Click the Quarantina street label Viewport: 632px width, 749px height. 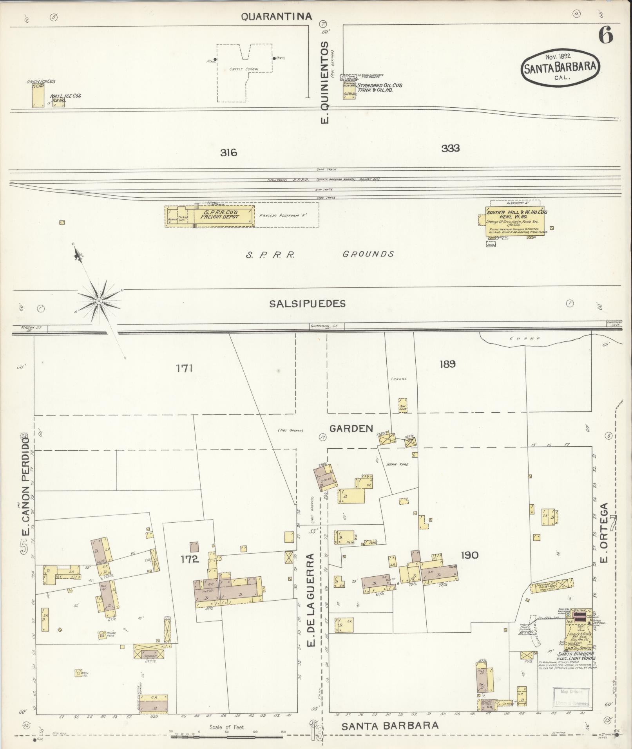point(276,16)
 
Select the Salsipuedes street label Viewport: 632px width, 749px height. point(307,304)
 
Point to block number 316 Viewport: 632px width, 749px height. point(228,152)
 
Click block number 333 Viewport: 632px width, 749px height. point(450,148)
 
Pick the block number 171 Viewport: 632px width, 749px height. point(184,368)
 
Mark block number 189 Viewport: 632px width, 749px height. point(447,364)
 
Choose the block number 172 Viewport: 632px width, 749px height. point(190,559)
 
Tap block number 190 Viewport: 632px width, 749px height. point(469,555)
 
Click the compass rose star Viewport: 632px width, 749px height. point(99,301)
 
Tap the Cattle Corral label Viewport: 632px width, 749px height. point(244,69)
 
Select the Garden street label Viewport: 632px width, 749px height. point(351,429)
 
